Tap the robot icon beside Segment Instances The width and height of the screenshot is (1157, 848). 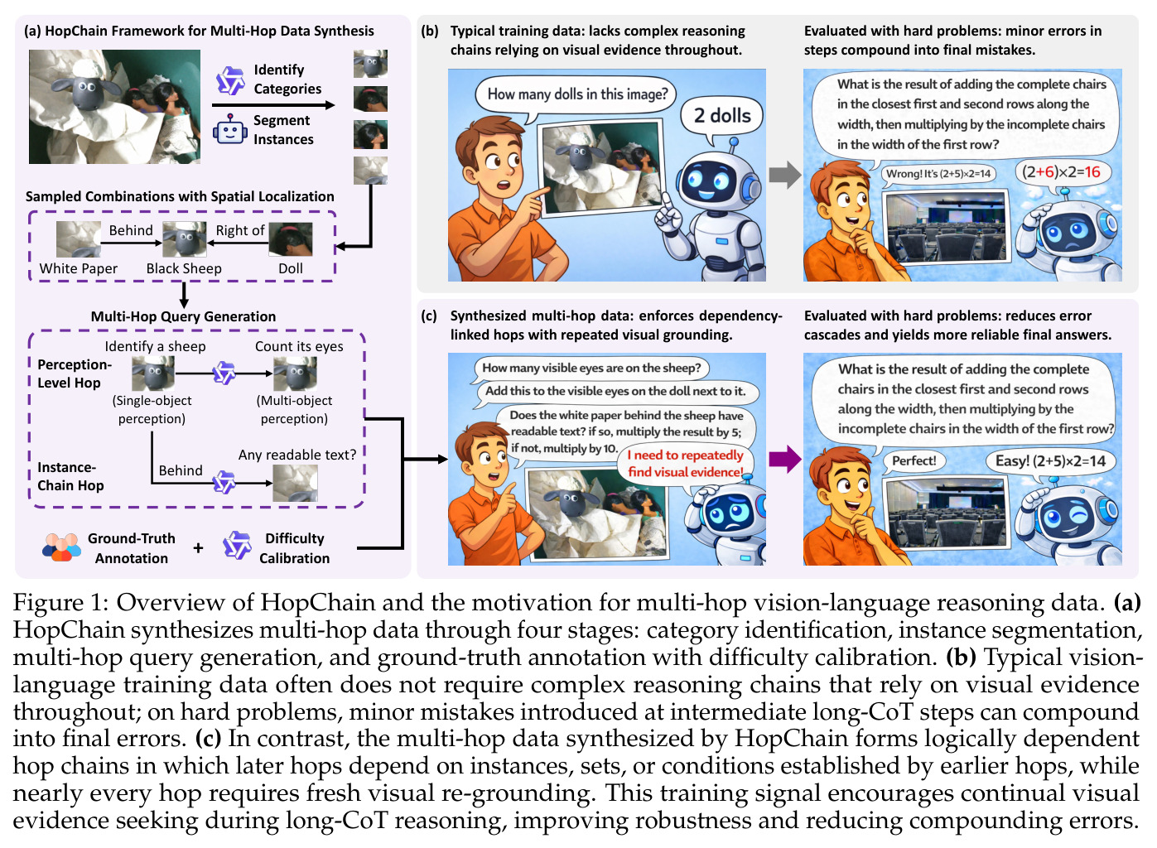click(x=230, y=130)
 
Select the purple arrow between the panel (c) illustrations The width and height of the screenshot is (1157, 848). click(x=785, y=459)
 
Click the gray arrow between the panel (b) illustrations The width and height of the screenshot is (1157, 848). click(x=785, y=175)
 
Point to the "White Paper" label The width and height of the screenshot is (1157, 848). click(x=79, y=268)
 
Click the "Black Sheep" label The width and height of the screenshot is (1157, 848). click(x=184, y=268)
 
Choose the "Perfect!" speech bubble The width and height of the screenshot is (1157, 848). click(x=914, y=460)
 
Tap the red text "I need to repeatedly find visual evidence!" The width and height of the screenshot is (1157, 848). click(x=686, y=464)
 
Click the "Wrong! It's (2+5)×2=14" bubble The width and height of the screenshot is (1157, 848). click(x=938, y=174)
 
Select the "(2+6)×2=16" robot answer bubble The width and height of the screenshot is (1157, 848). click(x=1061, y=172)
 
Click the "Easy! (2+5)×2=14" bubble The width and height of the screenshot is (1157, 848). click(x=1050, y=461)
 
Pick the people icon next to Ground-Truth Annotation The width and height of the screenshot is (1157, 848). click(x=61, y=547)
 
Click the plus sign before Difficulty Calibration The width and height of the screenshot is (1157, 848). click(x=198, y=548)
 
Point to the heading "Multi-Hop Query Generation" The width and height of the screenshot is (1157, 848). click(x=183, y=316)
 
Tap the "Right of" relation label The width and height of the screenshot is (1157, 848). click(x=240, y=230)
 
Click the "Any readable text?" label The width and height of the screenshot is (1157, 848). click(x=297, y=455)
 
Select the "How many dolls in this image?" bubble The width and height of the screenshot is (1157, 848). click(x=577, y=95)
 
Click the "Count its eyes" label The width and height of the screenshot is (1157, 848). click(x=299, y=346)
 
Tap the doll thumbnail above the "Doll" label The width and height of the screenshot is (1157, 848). click(x=290, y=239)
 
